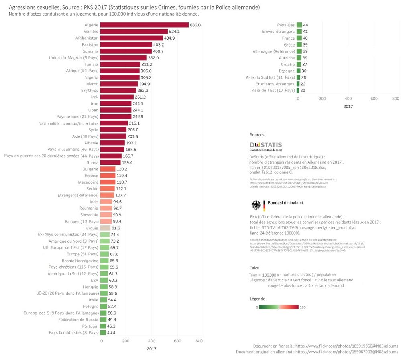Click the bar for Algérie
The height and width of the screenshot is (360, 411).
[144, 25]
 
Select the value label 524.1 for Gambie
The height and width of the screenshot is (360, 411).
[174, 31]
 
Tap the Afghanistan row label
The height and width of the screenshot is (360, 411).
[87, 38]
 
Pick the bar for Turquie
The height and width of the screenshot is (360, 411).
[105, 228]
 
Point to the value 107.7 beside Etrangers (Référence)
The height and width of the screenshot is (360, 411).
[119, 195]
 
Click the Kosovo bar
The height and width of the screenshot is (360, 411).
[108, 176]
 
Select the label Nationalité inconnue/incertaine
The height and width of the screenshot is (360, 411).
[68, 123]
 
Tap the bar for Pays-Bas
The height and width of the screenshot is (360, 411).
[299, 25]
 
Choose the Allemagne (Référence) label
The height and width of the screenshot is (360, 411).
[274, 51]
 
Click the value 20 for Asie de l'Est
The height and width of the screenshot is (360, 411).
[303, 91]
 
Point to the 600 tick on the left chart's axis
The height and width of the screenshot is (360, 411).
[177, 341]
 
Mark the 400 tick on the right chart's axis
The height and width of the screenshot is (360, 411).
[348, 99]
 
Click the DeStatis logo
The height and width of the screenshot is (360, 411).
[266, 146]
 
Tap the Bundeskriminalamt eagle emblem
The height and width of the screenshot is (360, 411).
[256, 206]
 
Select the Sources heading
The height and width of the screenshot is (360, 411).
[257, 135]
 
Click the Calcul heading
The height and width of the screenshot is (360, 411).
[255, 268]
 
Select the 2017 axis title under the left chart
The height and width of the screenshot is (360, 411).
[151, 349]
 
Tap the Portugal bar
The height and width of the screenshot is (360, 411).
[103, 326]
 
